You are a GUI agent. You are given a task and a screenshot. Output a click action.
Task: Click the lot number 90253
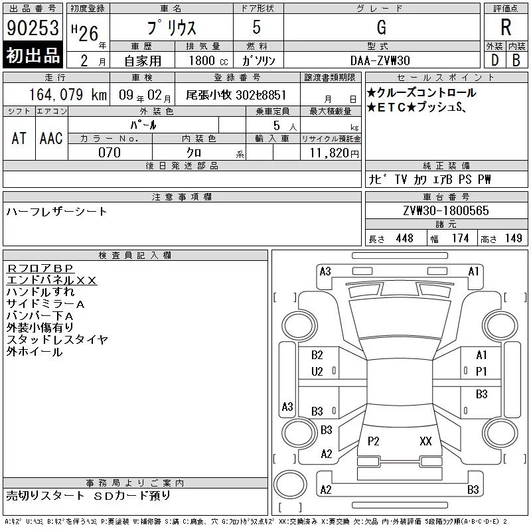[33, 28]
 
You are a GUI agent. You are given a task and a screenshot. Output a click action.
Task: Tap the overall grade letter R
[506, 27]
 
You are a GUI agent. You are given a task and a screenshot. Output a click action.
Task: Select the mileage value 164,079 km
[68, 94]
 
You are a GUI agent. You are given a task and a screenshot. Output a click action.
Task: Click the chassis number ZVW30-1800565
[446, 210]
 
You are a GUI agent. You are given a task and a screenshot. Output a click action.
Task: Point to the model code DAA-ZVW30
[380, 60]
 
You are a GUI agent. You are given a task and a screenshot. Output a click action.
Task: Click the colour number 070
[110, 153]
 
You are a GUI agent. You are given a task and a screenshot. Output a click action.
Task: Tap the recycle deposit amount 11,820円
[335, 153]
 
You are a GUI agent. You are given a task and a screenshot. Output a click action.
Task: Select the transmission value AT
[19, 138]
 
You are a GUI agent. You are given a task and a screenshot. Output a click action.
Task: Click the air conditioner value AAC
[51, 138]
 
